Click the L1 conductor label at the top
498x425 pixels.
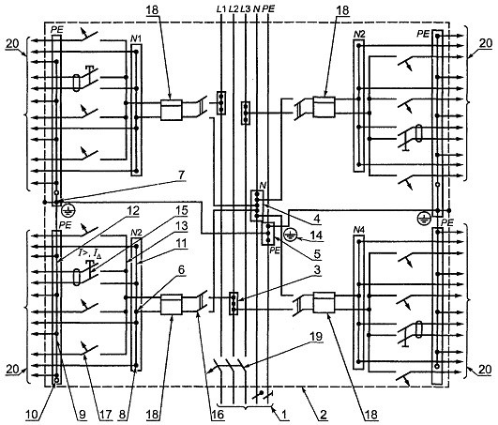pos(220,9)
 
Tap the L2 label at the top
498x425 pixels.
pos(234,9)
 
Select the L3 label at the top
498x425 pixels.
pos(246,9)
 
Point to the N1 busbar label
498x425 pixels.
pos(136,39)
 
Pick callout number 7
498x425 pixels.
pos(181,175)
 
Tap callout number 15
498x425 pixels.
pos(181,211)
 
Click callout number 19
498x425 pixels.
pos(316,337)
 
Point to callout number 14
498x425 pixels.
pos(316,235)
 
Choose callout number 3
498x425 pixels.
pos(316,270)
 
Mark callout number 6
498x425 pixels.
pos(181,270)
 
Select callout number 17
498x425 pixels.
pos(105,414)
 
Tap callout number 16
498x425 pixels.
pos(219,414)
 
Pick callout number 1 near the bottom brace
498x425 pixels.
pos(283,414)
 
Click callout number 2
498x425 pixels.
pos(323,414)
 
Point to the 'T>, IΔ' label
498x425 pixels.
pos(90,253)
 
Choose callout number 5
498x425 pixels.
pos(316,253)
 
